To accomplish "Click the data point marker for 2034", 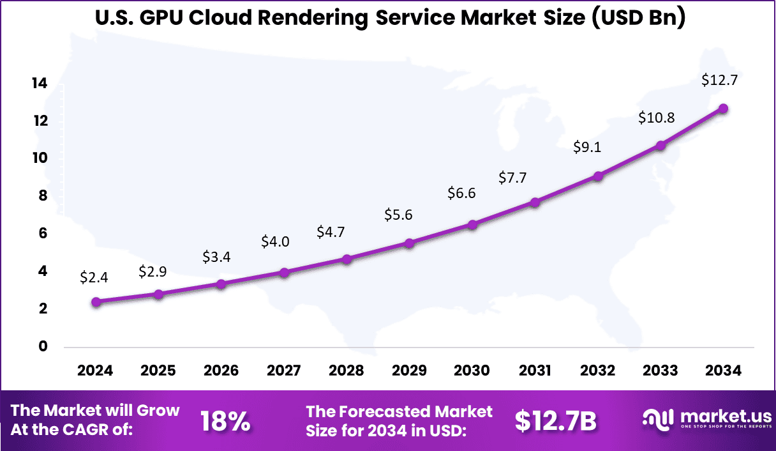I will pyautogui.click(x=723, y=109).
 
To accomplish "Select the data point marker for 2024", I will pyautogui.click(x=96, y=302).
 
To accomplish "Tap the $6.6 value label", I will pyautogui.click(x=461, y=193).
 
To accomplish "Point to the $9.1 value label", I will pyautogui.click(x=586, y=148).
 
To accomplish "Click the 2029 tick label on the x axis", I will pyautogui.click(x=409, y=371).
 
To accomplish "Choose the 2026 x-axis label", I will pyautogui.click(x=221, y=371).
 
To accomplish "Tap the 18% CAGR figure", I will pyautogui.click(x=225, y=421).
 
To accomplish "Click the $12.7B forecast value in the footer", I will pyautogui.click(x=555, y=421).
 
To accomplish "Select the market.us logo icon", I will pyautogui.click(x=658, y=420).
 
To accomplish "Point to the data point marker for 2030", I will pyautogui.click(x=472, y=225).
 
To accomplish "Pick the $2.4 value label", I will pyautogui.click(x=94, y=277).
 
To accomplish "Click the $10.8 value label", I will pyautogui.click(x=657, y=118).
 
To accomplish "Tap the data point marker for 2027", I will pyautogui.click(x=284, y=273).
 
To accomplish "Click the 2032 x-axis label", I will pyautogui.click(x=597, y=371).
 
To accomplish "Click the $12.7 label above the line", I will pyautogui.click(x=719, y=80).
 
